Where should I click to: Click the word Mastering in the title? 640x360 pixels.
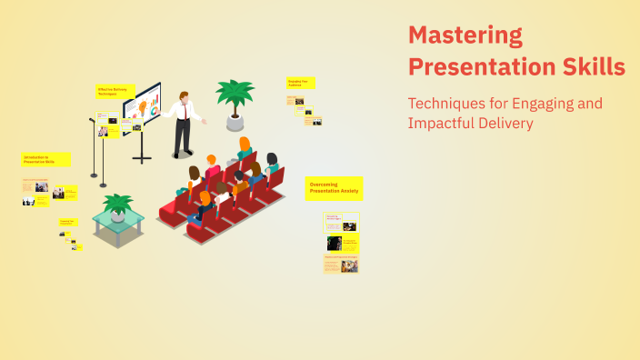pos(465,36)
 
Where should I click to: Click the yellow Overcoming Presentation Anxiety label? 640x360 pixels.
pos(334,188)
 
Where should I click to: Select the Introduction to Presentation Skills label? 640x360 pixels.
pos(45,159)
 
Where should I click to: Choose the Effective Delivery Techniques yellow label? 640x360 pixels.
pos(115,92)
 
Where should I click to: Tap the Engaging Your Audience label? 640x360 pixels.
pos(299,83)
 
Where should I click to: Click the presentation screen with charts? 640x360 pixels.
pos(142,107)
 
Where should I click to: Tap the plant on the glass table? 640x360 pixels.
pos(117,205)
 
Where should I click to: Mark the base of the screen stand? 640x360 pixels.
pos(142,159)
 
